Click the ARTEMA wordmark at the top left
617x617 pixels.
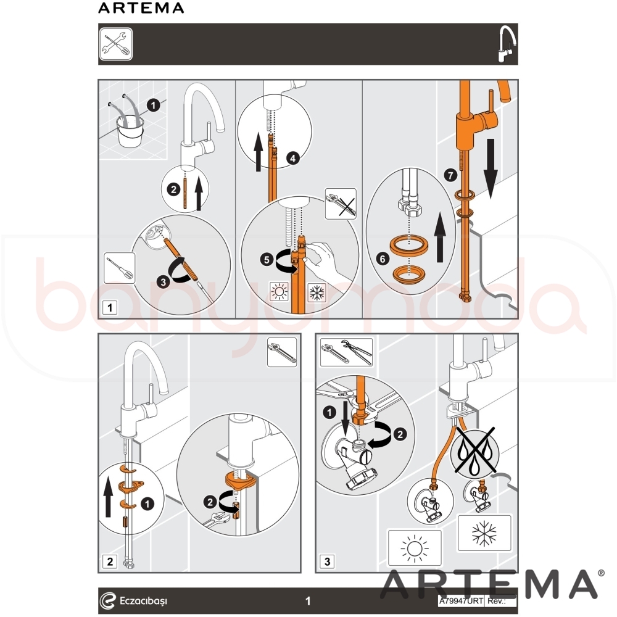tap(141, 8)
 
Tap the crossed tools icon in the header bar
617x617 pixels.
tap(116, 44)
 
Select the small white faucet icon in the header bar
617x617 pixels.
tap(507, 44)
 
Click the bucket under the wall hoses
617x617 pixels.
tap(130, 131)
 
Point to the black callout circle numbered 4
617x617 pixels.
tap(292, 159)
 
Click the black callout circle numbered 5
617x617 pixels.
tap(267, 259)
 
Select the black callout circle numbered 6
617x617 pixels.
tap(383, 259)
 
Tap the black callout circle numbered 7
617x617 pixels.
tap(450, 175)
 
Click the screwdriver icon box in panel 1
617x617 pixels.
tap(120, 268)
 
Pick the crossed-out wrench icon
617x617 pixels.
tap(341, 204)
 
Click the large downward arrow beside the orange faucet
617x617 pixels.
tap(491, 168)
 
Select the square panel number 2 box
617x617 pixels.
tap(110, 561)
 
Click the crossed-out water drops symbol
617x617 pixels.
tap(474, 451)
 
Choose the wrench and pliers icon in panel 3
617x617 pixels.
tap(346, 352)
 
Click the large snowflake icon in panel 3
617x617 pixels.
tap(484, 533)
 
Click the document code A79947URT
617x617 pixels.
tap(461, 601)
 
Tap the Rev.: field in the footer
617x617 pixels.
tap(501, 601)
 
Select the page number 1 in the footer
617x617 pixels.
tap(308, 601)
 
